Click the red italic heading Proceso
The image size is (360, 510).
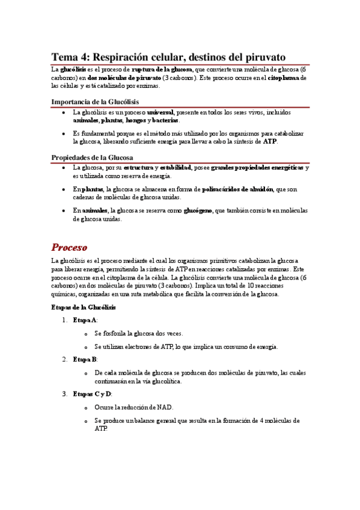tap(69, 247)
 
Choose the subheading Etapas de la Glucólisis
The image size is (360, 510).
tap(84, 307)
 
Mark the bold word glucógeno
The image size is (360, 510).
tap(198, 210)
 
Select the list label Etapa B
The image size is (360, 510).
tap(85, 359)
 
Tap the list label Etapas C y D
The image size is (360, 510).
tap(92, 394)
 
